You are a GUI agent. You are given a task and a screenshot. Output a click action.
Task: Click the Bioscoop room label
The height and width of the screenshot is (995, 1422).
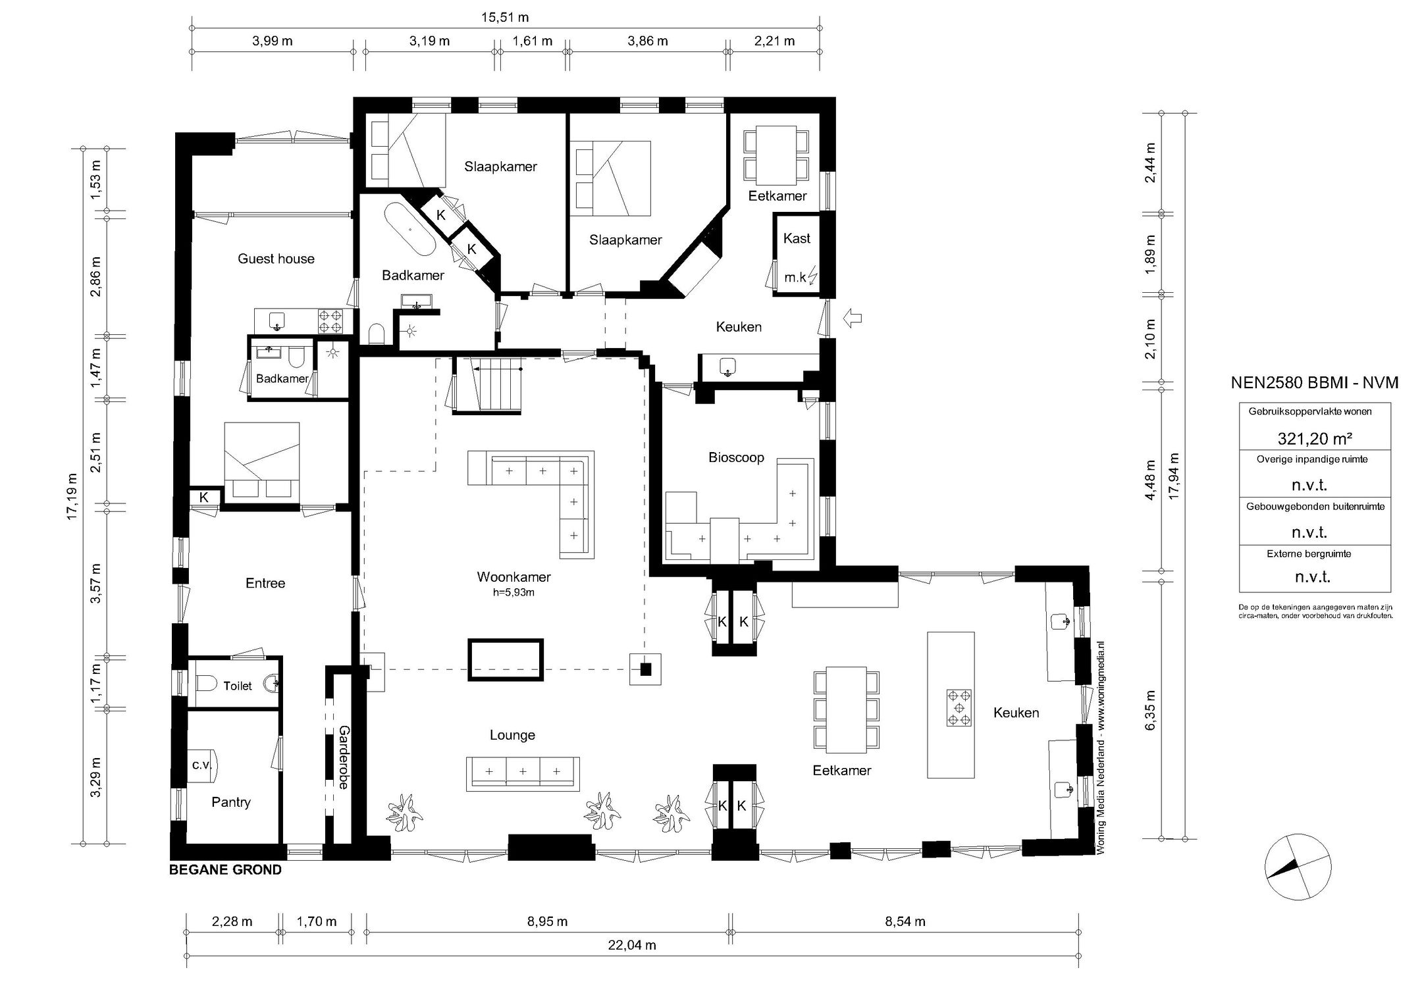click(736, 457)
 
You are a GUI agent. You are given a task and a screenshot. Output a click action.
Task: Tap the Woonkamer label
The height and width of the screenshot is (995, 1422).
click(513, 577)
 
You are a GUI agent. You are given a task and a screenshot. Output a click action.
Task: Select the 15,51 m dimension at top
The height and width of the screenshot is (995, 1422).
click(505, 18)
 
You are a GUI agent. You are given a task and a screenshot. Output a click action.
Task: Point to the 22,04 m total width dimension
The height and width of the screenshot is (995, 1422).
click(631, 946)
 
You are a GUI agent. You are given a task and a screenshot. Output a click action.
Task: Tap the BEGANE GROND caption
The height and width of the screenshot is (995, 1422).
click(226, 870)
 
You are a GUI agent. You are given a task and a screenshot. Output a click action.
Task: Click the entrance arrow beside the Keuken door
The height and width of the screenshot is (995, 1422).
click(852, 319)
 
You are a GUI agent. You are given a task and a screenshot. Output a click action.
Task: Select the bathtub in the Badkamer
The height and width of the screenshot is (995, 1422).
click(409, 230)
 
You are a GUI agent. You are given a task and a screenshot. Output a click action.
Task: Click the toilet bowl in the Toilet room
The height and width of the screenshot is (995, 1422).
click(206, 685)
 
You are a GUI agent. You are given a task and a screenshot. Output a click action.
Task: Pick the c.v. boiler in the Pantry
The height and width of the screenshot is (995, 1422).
click(202, 765)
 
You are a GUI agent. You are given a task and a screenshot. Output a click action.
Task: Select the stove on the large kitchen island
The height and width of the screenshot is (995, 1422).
click(959, 707)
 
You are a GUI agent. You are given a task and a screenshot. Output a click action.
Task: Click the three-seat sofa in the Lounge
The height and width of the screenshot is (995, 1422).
click(523, 773)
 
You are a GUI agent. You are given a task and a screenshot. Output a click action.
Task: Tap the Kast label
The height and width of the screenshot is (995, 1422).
click(797, 238)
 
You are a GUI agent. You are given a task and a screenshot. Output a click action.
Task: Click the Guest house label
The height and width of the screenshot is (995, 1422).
click(276, 259)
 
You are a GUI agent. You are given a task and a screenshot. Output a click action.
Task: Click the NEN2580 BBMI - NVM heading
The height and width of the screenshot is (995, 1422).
click(1315, 383)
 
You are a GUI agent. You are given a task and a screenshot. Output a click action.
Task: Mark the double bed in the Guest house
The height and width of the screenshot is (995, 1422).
click(262, 463)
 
